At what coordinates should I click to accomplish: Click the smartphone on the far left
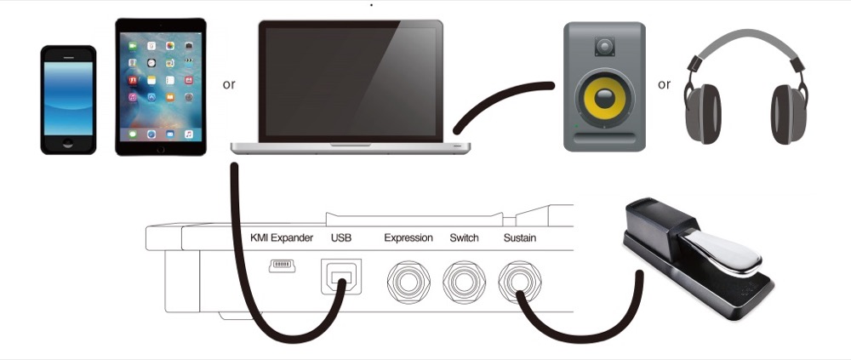pos(68,100)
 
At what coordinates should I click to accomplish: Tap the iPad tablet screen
pos(161,87)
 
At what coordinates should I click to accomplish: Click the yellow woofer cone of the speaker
pos(606,101)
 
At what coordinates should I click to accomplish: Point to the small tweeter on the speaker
pos(605,45)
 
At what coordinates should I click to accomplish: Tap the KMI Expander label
pos(282,237)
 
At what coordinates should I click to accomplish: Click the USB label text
pos(340,237)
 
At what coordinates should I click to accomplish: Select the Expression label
pos(408,237)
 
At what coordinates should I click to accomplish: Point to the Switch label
pos(465,237)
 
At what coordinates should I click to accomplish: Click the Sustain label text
pos(520,237)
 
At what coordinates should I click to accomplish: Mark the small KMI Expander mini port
pos(282,266)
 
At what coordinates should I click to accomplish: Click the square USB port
pos(341,277)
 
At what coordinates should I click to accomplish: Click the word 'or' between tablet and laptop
pos(229,84)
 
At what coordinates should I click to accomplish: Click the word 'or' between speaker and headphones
pos(664,84)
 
